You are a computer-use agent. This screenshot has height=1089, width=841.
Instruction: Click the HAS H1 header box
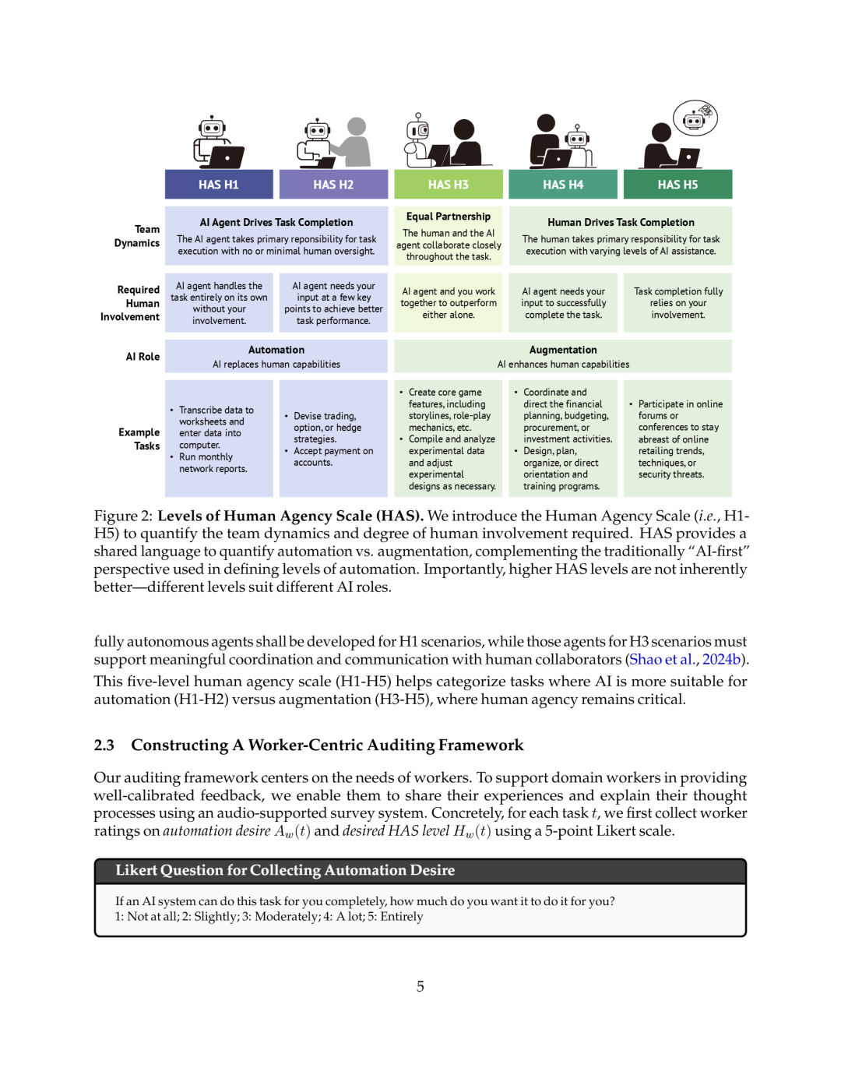[219, 185]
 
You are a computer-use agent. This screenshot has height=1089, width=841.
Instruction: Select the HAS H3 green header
[449, 185]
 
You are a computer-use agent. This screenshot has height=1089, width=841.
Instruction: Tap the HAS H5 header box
[677, 185]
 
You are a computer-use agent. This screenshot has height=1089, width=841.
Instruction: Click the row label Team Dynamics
[138, 236]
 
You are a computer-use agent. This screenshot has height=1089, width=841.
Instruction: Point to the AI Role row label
[143, 357]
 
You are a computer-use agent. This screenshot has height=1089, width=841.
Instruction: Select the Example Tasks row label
[139, 439]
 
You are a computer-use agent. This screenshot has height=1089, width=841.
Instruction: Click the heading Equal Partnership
[449, 217]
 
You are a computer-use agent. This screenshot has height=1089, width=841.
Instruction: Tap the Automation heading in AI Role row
[276, 351]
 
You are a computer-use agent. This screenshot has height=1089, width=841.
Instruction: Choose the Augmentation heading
[563, 351]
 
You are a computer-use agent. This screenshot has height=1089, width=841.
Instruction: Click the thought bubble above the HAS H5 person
[695, 118]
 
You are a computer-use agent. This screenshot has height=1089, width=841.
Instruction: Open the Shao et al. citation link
[662, 660]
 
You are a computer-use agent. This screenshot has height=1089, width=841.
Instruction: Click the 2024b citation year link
[721, 660]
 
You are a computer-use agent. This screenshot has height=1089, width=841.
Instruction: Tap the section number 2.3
[104, 745]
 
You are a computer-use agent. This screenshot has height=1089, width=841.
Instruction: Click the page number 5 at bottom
[420, 987]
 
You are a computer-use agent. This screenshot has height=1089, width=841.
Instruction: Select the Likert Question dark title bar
[420, 871]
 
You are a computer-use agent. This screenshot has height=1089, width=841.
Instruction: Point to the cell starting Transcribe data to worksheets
[219, 439]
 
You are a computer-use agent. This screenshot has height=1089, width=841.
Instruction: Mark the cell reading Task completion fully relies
[678, 303]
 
